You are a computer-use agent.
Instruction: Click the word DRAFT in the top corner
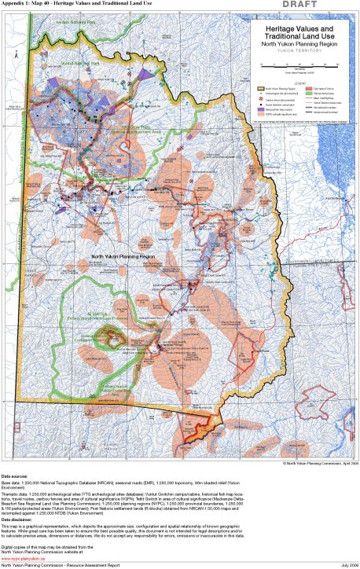pyautogui.click(x=337, y=6)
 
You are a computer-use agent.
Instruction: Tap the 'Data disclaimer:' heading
pyautogui.click(x=20, y=517)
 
